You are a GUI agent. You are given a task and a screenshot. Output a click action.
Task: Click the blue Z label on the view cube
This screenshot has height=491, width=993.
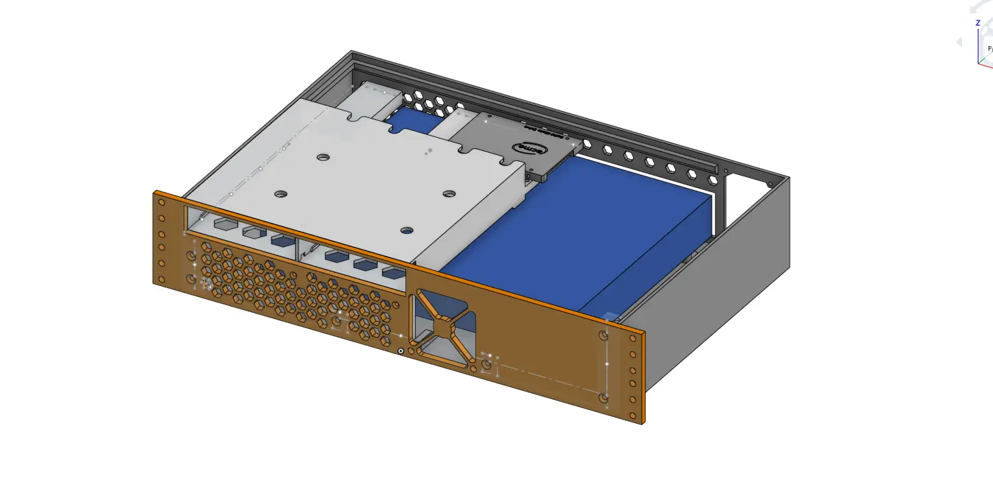(x=978, y=23)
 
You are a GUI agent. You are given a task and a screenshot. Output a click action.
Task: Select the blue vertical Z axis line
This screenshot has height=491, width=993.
(x=978, y=45)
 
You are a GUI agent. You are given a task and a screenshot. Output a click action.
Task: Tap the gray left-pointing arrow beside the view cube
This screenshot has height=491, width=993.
(x=959, y=42)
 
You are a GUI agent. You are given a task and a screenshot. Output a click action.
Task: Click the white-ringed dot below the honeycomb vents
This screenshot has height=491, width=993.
(x=401, y=351)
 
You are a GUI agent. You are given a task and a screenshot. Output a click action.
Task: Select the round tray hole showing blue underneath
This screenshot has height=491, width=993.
(x=407, y=231)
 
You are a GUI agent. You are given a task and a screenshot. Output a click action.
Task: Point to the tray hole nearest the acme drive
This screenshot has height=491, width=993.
(x=449, y=195)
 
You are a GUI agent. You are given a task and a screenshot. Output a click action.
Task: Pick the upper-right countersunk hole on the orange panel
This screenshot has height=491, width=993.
(x=603, y=336)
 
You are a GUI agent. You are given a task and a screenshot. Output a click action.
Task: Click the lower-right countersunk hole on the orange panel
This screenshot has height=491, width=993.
(x=603, y=398)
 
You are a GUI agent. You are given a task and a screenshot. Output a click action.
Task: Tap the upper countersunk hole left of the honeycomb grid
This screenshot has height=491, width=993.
(x=191, y=256)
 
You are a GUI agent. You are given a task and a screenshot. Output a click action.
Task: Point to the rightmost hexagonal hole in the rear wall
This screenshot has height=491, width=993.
(x=714, y=180)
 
